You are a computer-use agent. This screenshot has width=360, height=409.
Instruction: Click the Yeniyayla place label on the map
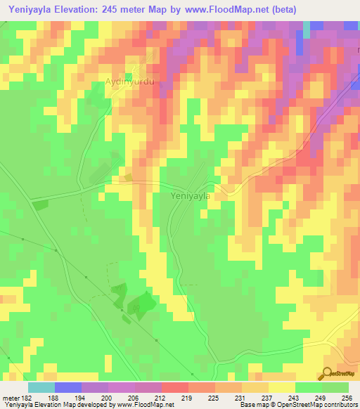(191, 197)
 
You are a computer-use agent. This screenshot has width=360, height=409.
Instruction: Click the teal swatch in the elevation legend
(41, 387)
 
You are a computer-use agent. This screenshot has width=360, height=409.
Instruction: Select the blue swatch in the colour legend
(68, 387)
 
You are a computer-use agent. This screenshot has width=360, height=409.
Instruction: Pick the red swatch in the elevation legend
(175, 387)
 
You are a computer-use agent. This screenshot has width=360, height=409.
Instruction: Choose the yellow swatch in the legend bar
(282, 387)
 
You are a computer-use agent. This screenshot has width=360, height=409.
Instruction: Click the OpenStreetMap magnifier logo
(327, 373)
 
